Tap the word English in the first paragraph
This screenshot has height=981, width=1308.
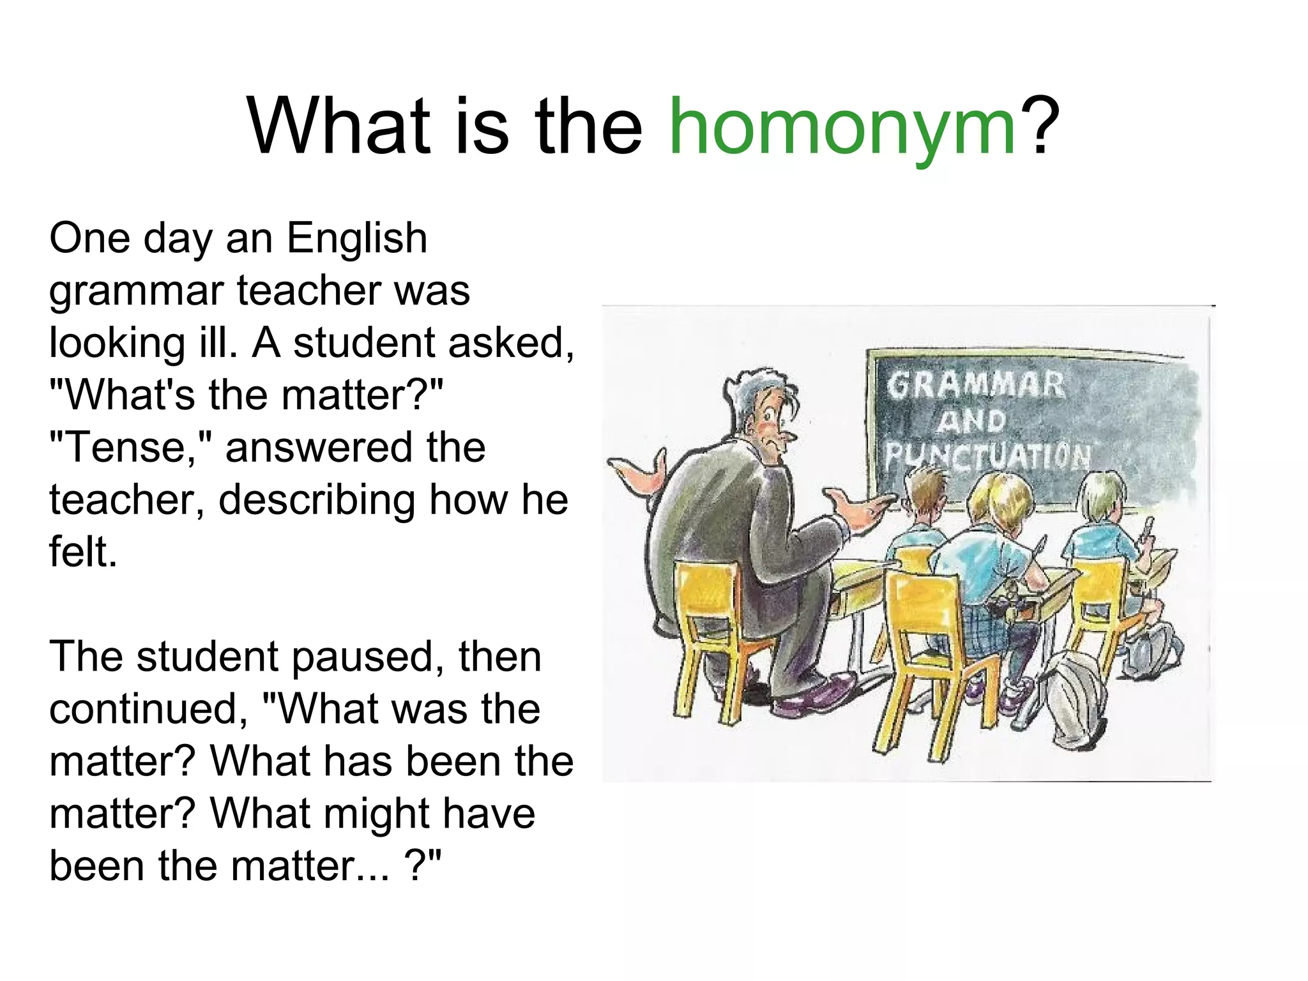356,239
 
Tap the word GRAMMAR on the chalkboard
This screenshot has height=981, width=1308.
975,385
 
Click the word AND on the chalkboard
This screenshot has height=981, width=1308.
971,422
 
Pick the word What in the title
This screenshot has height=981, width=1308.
338,126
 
